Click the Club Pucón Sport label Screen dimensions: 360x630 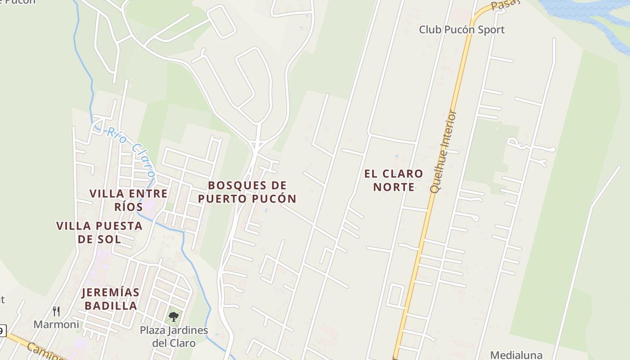462,30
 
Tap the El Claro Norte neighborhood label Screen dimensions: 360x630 394,180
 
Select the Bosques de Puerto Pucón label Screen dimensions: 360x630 247,192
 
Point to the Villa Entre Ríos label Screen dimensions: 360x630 128,200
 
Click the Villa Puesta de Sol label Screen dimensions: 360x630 99,232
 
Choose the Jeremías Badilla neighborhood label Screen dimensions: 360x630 110,299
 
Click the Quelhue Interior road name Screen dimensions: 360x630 443,151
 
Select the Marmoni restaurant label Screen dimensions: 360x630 56,324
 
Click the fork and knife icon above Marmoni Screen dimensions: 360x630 56,311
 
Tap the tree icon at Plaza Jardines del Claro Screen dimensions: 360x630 174,317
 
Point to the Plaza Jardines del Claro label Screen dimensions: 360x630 174,337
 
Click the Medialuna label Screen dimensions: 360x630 516,355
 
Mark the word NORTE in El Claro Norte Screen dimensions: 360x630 394,187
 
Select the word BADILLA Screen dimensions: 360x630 111,306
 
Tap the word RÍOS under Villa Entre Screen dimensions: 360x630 128,207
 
